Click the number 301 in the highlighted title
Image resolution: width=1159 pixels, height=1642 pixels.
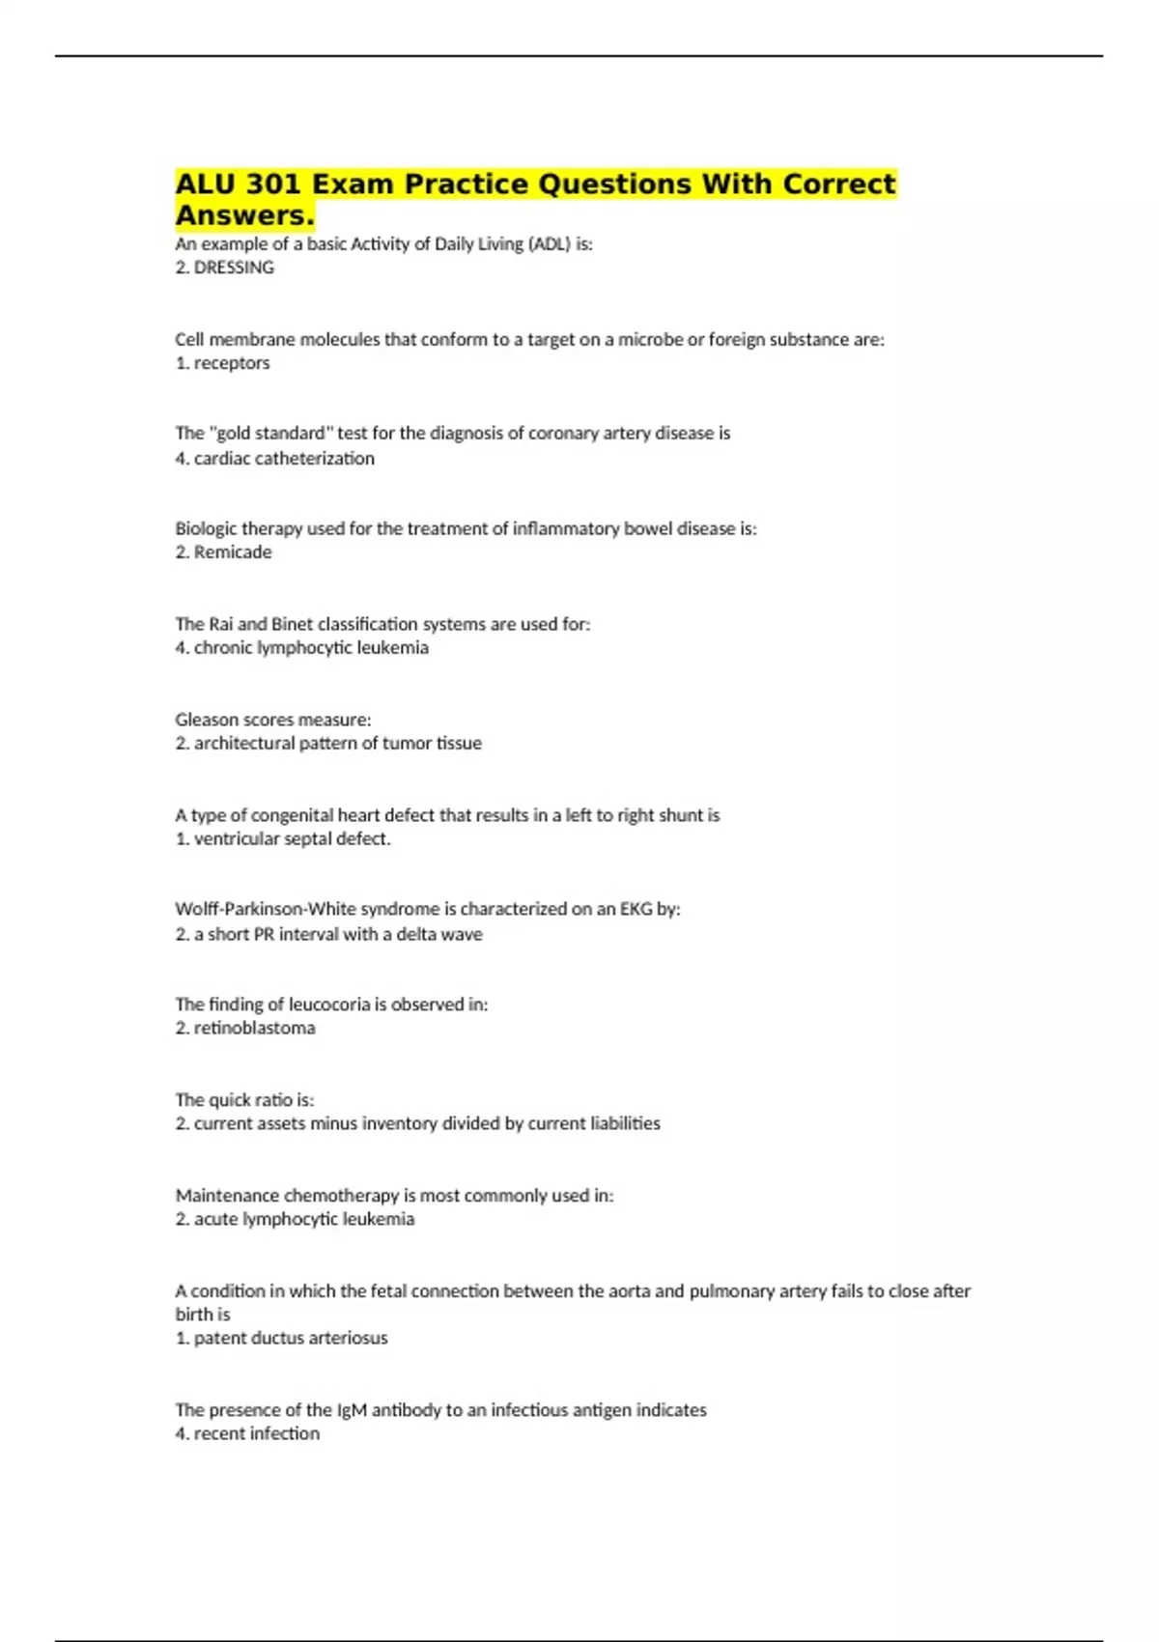273,184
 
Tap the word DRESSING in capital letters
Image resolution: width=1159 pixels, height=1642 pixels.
234,268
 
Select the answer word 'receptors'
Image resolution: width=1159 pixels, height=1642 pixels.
232,363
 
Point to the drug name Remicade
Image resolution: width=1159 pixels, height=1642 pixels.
233,552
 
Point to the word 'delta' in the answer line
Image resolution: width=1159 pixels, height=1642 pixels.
415,934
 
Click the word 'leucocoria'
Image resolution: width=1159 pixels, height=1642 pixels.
329,1005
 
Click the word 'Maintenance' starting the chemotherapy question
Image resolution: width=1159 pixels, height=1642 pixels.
227,1196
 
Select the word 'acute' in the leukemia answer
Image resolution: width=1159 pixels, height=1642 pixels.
214,1219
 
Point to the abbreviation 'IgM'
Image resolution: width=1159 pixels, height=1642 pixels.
352,1410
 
